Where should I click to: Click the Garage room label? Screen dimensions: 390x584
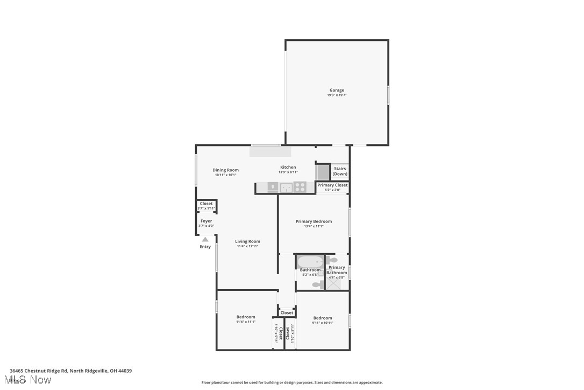pyautogui.click(x=337, y=90)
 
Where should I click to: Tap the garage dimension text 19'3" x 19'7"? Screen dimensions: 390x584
pyautogui.click(x=337, y=95)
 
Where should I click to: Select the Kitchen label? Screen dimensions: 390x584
pyautogui.click(x=288, y=168)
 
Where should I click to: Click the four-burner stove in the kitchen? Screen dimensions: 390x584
pyautogui.click(x=300, y=187)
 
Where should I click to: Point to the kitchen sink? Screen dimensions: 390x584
pyautogui.click(x=286, y=187)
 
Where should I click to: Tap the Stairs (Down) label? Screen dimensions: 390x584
pyautogui.click(x=340, y=171)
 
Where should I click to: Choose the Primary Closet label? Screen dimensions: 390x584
pyautogui.click(x=332, y=185)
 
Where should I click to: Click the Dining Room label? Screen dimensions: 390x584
pyautogui.click(x=225, y=170)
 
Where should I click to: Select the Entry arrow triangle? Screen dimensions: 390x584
pyautogui.click(x=205, y=240)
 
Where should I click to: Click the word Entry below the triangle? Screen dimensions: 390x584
pyautogui.click(x=205, y=247)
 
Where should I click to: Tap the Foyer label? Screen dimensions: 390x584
pyautogui.click(x=206, y=221)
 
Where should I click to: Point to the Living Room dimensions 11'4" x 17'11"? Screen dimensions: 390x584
pyautogui.click(x=247, y=246)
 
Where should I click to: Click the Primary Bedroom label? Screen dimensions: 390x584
pyautogui.click(x=314, y=221)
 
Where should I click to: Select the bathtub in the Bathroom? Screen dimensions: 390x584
pyautogui.click(x=310, y=261)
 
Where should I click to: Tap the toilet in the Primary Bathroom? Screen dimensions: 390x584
pyautogui.click(x=332, y=261)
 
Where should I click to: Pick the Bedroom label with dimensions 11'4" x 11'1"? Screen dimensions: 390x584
pyautogui.click(x=246, y=317)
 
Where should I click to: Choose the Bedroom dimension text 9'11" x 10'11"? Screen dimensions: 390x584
pyautogui.click(x=323, y=323)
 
